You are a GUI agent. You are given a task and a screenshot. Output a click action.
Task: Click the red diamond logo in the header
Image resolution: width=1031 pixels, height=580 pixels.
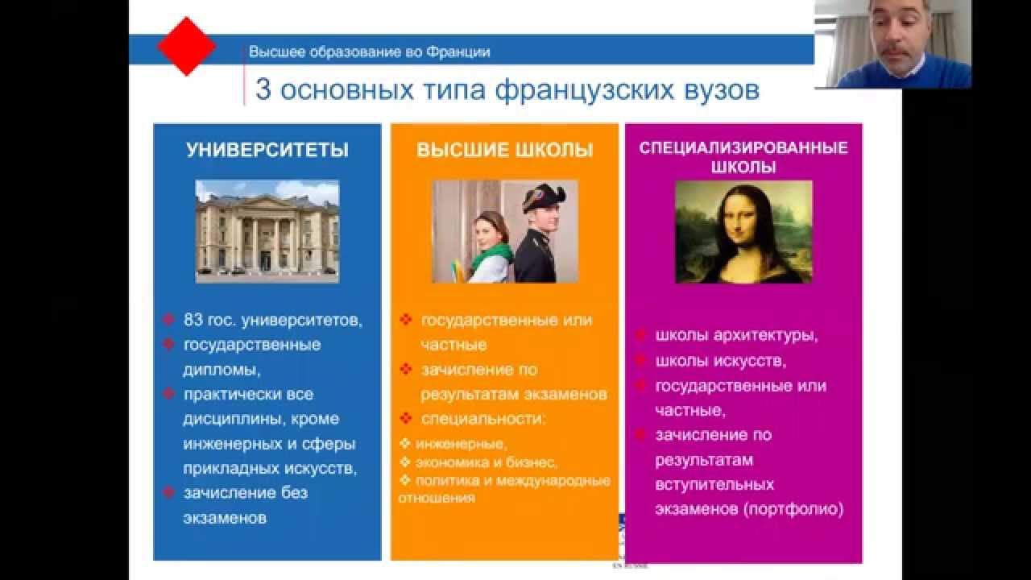[187, 47]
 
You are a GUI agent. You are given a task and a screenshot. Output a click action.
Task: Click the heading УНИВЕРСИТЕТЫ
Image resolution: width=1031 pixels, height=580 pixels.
[267, 150]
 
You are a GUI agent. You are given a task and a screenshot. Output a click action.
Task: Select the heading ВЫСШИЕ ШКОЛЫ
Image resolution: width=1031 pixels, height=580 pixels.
[504, 150]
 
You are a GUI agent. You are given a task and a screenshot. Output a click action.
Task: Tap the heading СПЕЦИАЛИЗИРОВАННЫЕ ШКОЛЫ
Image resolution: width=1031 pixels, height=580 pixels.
[743, 158]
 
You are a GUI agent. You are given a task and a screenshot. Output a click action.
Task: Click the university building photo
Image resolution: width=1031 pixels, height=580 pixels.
[267, 230]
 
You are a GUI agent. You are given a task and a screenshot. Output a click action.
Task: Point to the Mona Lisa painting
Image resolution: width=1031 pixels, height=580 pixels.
[743, 232]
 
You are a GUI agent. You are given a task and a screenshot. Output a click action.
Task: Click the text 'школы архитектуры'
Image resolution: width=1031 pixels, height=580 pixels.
[736, 336]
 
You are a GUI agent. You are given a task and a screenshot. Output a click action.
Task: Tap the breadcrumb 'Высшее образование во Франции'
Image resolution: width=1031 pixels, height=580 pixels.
[369, 52]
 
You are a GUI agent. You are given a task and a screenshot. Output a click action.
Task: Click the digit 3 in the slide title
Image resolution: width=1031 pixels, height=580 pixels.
[263, 89]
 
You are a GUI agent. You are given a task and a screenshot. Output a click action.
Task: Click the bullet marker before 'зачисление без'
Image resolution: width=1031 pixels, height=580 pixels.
[168, 491]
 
